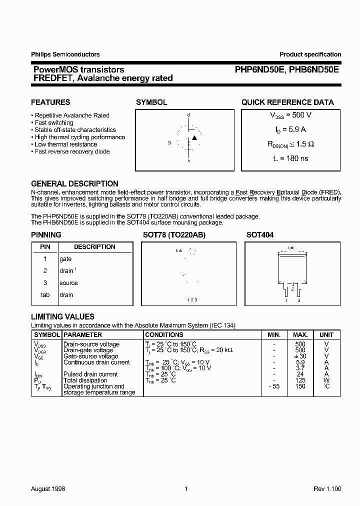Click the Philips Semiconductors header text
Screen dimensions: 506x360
pos(65,54)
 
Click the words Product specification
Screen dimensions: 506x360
pos(310,54)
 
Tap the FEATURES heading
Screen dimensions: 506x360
pos(50,102)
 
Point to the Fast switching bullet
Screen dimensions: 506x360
pos(54,122)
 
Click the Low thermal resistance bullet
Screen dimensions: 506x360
pos(66,144)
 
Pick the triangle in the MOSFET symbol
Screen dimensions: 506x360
pos(195,137)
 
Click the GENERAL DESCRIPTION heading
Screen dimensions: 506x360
pos(74,184)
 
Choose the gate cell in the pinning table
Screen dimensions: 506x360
pos(65,259)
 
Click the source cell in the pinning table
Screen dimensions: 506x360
pos(68,283)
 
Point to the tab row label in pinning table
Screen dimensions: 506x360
pos(45,295)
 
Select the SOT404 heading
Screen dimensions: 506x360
pos(260,234)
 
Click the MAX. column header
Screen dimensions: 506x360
pos(300,334)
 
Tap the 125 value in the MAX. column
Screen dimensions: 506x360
pos(300,380)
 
